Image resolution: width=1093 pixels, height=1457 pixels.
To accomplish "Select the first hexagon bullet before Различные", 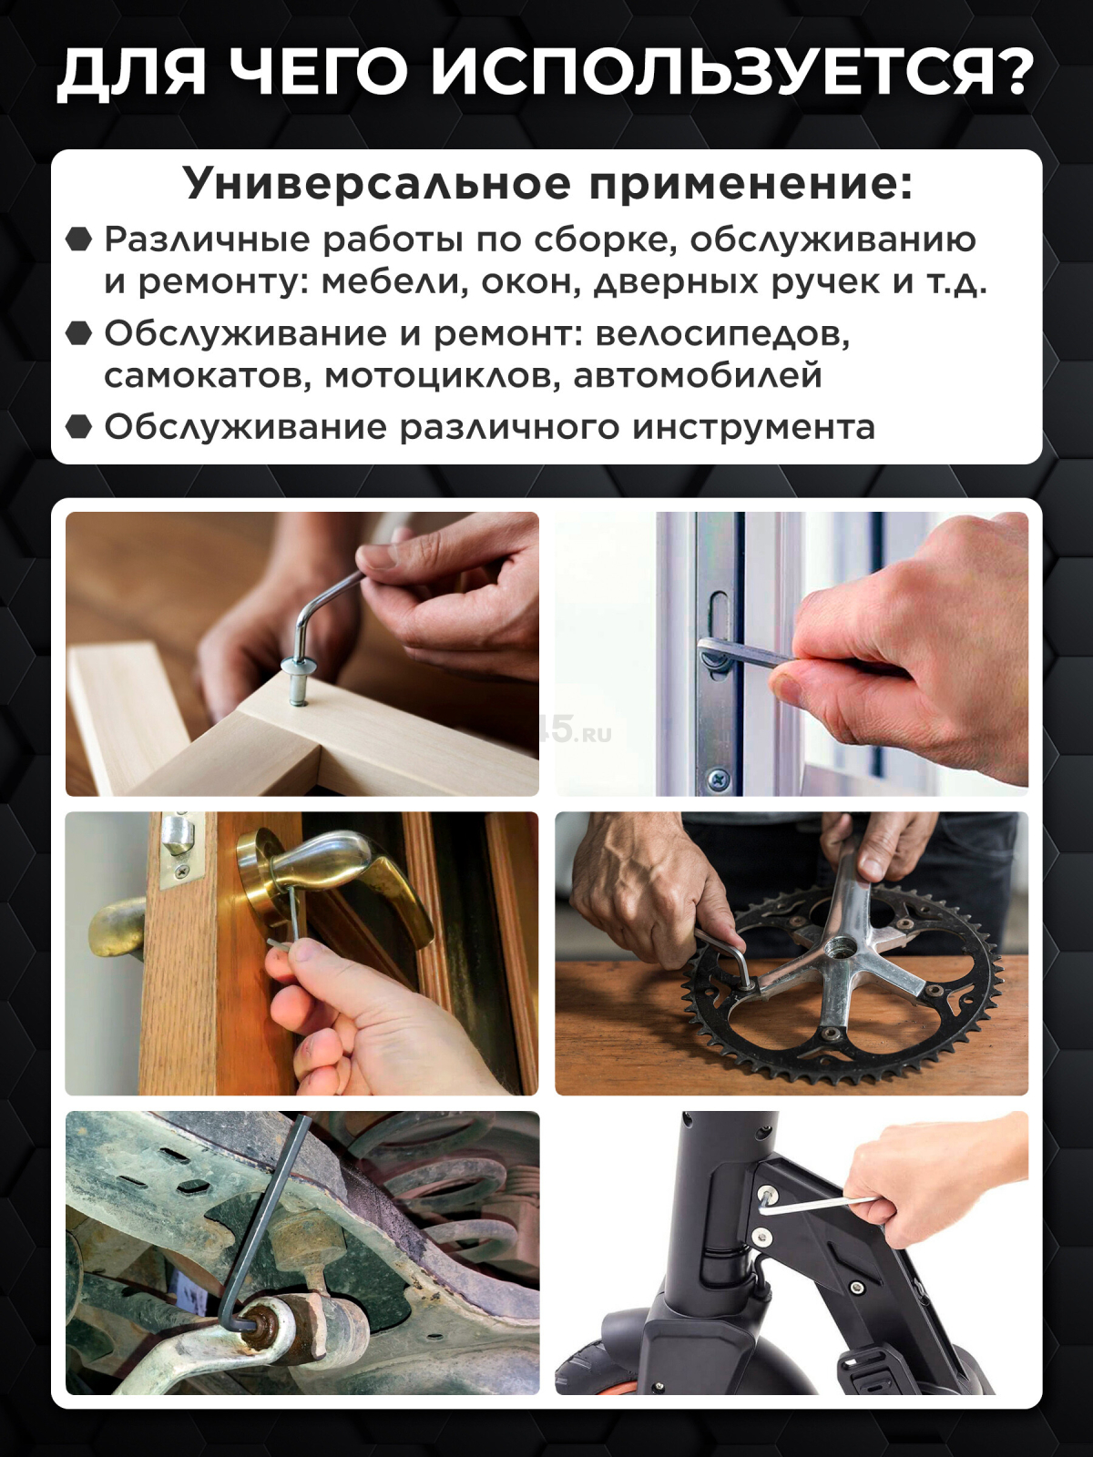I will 79,239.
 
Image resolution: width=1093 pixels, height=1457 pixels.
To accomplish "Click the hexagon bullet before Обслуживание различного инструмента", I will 79,426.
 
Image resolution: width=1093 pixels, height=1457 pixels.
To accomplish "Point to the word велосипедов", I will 722,333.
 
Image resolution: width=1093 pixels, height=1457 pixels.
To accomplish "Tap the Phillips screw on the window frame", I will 719,779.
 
